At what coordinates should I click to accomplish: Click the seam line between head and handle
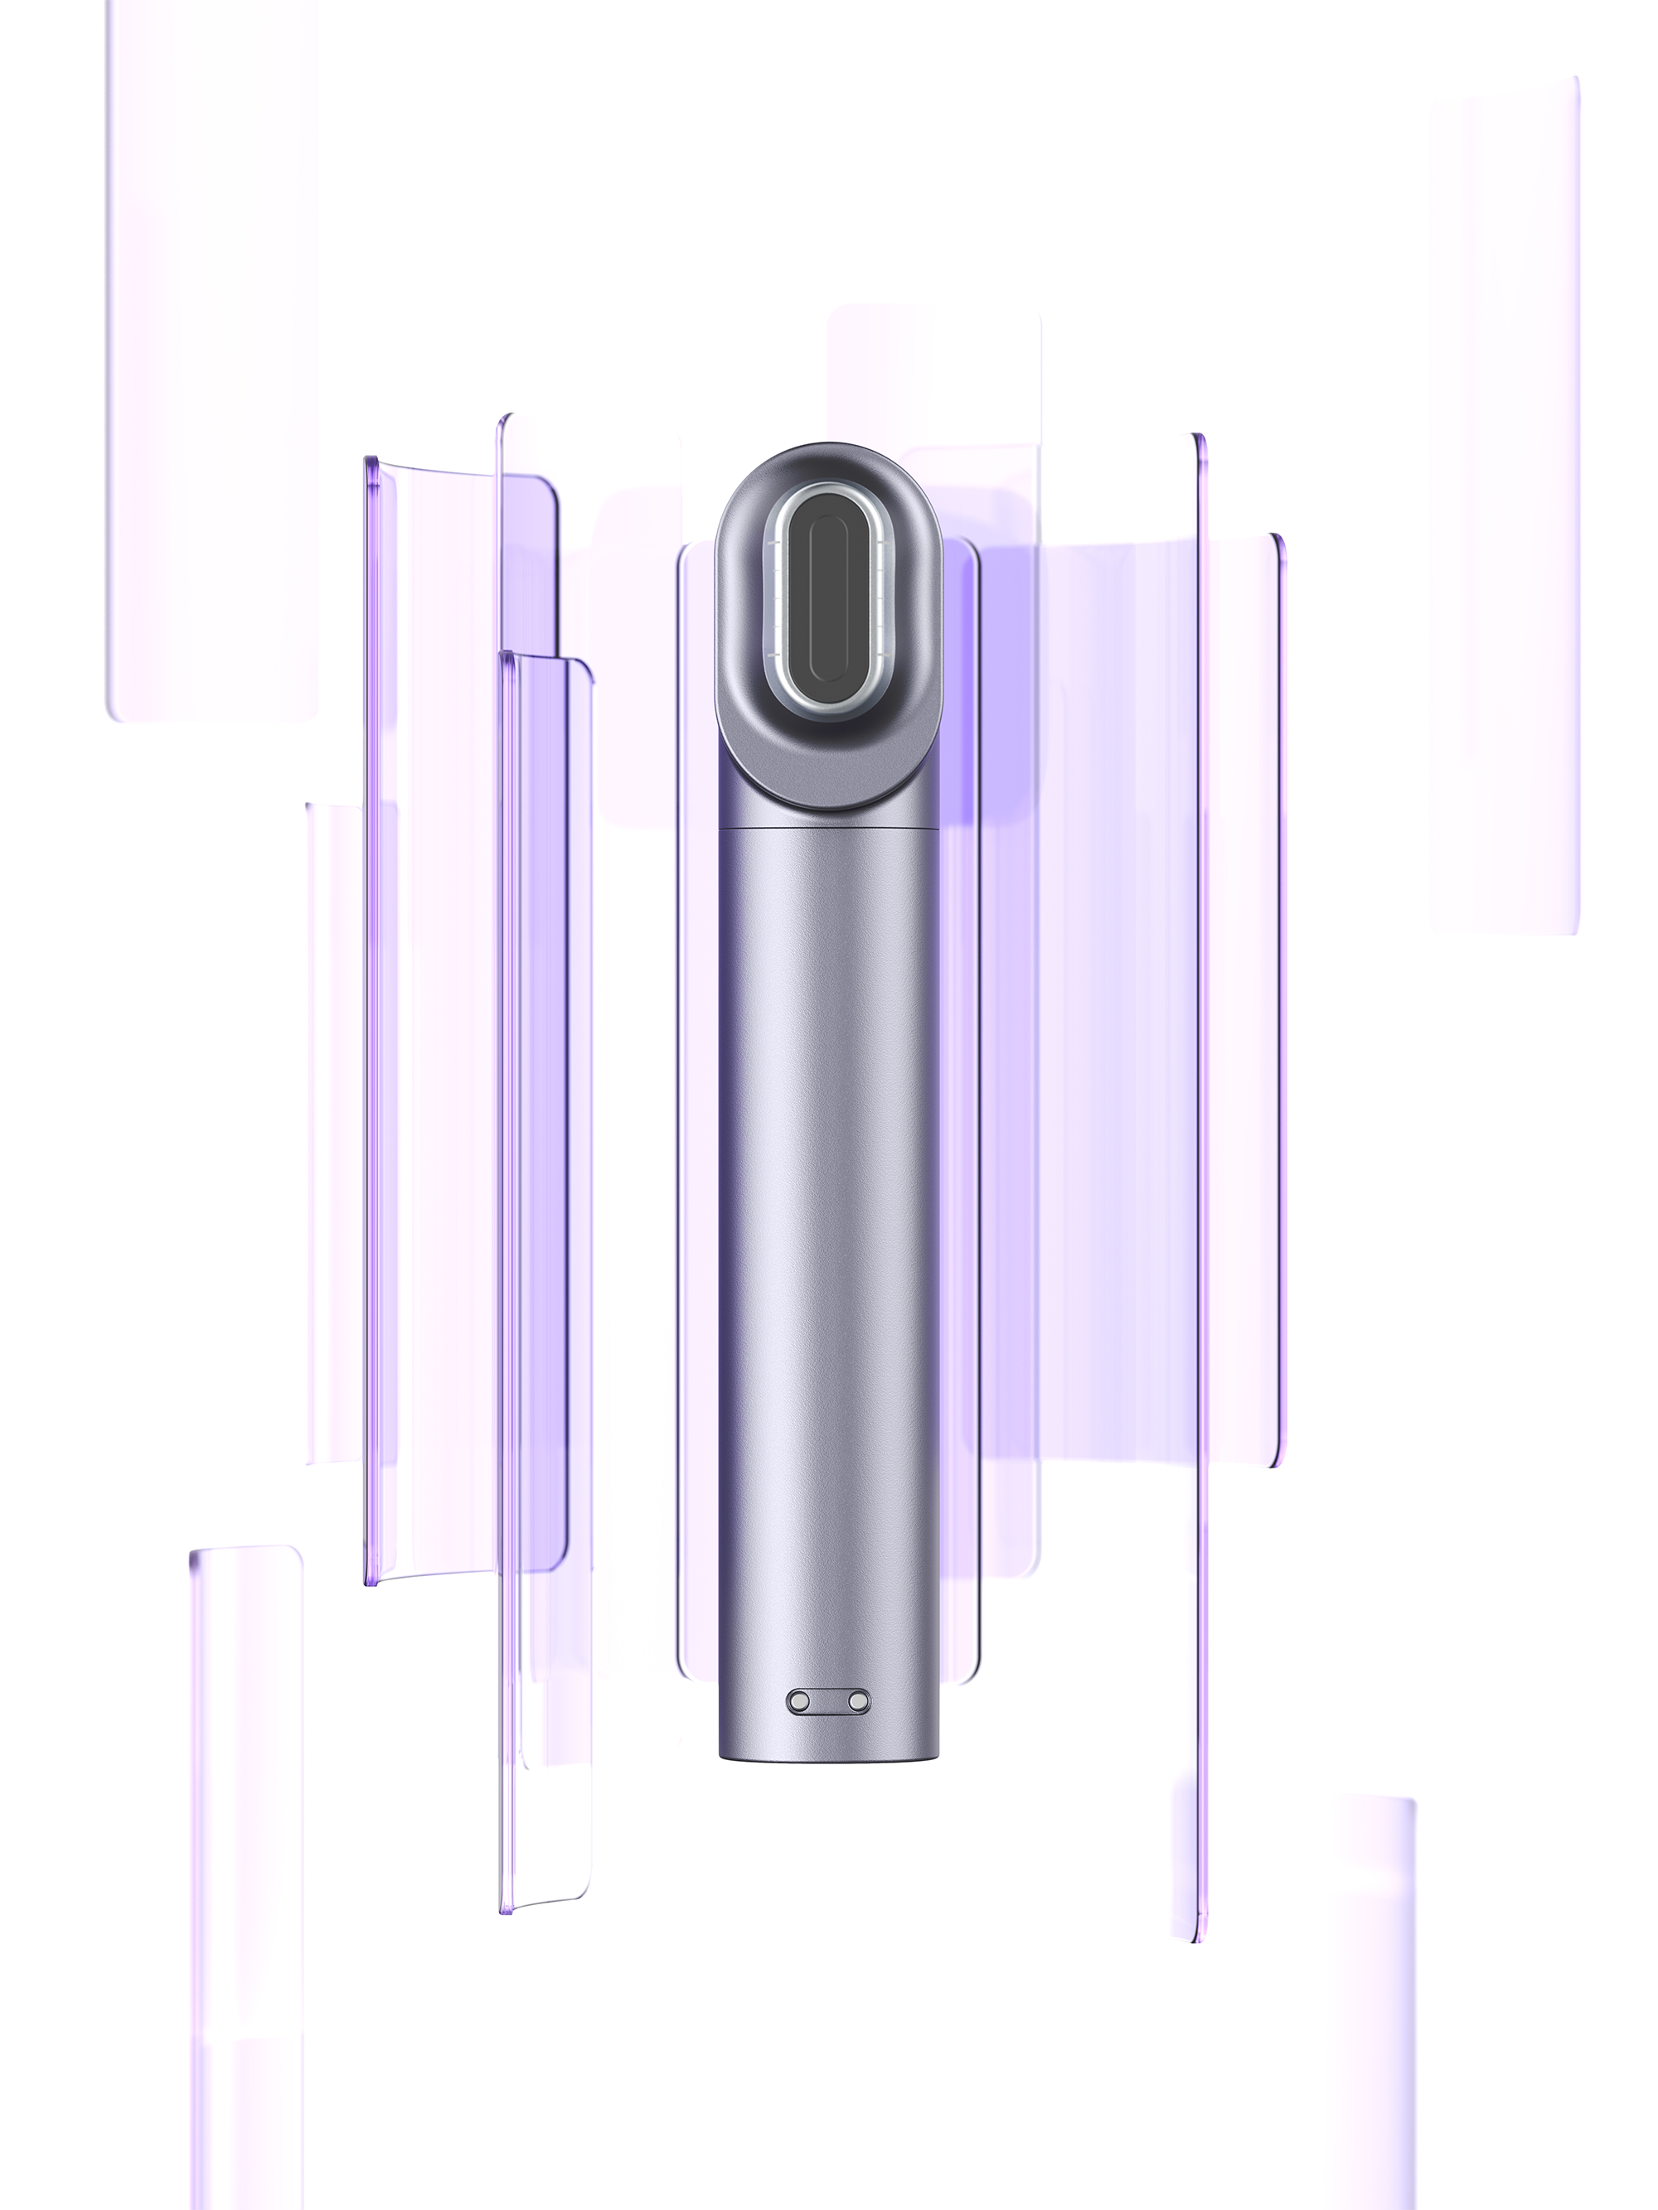(x=827, y=829)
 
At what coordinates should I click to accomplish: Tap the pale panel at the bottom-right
(x=1370, y=1978)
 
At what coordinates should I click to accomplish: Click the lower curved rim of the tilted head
(x=827, y=800)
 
